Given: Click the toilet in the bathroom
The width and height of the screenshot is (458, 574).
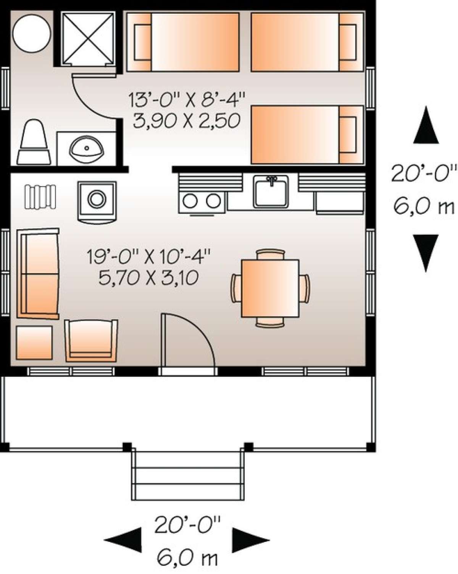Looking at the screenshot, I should coord(34,142).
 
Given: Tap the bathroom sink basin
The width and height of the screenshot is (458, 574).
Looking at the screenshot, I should coord(86,148).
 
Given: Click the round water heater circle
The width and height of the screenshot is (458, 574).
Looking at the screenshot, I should coord(31,33).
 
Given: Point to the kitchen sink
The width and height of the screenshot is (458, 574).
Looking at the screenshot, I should coord(271,192).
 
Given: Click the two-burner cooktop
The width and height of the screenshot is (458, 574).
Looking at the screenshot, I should coord(202,201).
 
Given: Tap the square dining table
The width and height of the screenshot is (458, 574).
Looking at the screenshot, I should coord(270,288).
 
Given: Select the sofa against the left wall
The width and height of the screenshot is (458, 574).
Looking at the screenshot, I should coord(38,274).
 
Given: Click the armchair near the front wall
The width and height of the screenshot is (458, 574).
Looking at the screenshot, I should coord(91,340).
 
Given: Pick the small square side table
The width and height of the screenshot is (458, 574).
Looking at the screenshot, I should coord(34,342).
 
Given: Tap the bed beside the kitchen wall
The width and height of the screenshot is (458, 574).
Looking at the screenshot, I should coord(307,135).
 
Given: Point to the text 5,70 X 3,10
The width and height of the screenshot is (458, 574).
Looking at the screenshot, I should coord(149,278).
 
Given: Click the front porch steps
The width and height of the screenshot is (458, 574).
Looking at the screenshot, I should coord(188,475).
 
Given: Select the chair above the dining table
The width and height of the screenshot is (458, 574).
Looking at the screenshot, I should coord(270,254).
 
